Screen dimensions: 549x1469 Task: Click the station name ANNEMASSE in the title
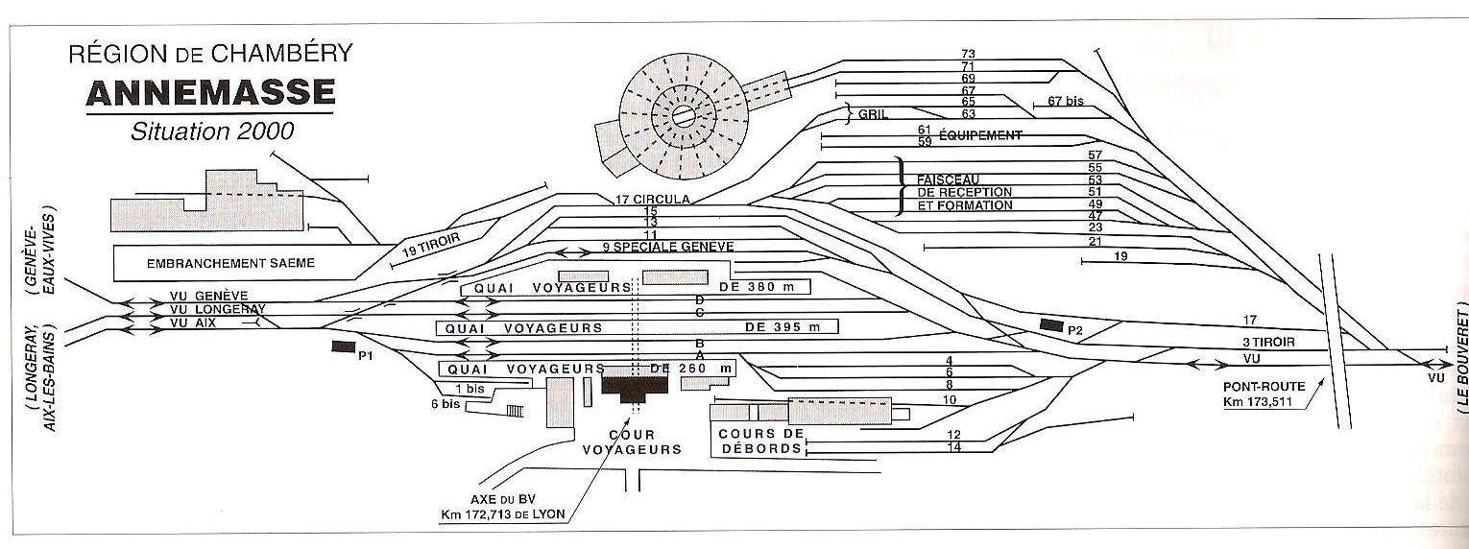click(x=210, y=93)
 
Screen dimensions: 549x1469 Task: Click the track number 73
click(x=968, y=53)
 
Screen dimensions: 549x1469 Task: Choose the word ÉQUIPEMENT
click(x=983, y=135)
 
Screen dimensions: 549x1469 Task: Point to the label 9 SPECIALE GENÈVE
click(x=668, y=247)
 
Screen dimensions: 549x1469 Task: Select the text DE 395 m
click(x=783, y=327)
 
